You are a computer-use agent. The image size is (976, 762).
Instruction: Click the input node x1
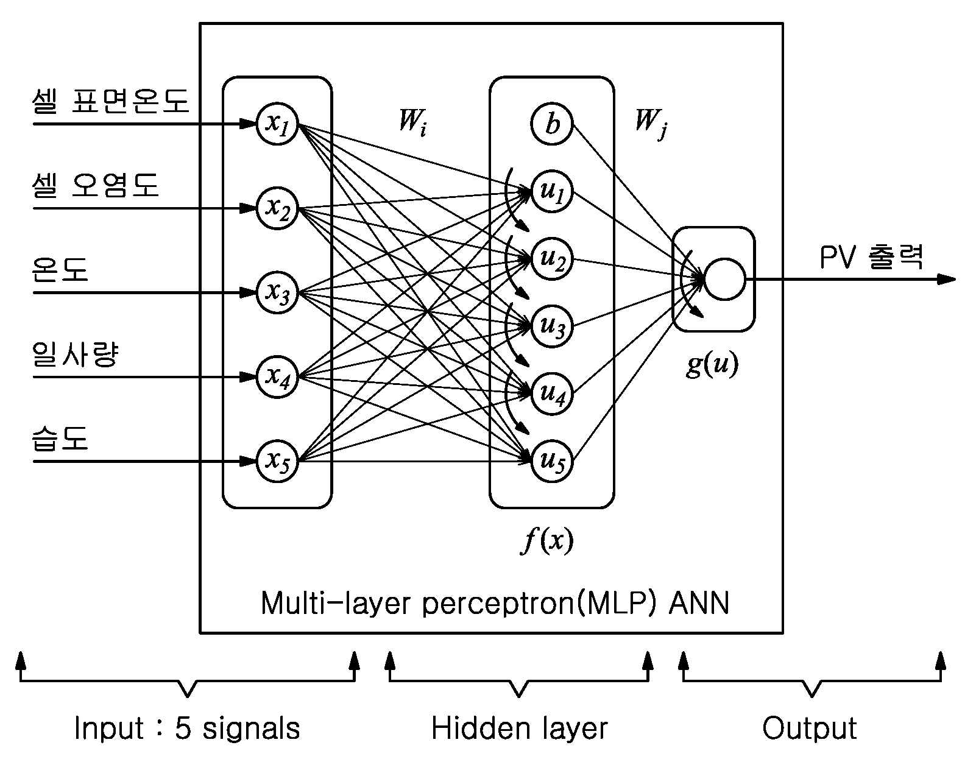point(277,124)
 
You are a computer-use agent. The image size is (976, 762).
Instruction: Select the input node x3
point(277,292)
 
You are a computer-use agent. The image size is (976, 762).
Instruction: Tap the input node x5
point(277,461)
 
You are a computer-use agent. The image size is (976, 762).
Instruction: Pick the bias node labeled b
point(551,124)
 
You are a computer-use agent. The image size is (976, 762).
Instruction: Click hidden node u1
point(551,192)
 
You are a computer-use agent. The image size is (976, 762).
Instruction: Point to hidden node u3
point(551,326)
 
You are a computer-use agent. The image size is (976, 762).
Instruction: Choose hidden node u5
point(551,461)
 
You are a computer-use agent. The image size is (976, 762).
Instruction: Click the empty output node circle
point(725,279)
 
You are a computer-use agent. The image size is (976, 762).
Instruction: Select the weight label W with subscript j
point(651,124)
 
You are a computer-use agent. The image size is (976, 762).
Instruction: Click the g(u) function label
point(712,365)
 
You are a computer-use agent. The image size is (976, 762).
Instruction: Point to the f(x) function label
point(547,540)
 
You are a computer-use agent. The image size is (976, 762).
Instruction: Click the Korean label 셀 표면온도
point(110,100)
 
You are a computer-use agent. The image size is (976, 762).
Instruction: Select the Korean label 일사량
point(76,354)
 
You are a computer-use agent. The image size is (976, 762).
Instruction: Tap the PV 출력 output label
point(871,257)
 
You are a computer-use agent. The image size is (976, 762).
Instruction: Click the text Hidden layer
point(519,728)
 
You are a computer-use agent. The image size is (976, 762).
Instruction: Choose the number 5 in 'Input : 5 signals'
point(183,728)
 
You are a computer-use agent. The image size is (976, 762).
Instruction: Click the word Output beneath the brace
point(809,729)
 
